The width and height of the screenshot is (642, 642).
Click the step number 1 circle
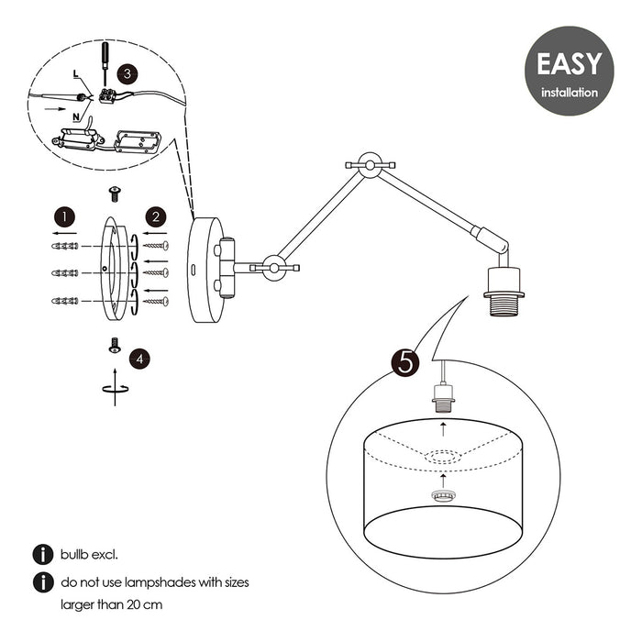[63, 216]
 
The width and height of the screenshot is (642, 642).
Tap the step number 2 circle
[157, 216]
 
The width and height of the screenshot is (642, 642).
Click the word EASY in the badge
[569, 64]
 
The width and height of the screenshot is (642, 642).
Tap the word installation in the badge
[569, 93]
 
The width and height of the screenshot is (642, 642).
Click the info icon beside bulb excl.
[41, 555]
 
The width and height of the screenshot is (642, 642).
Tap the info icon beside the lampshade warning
[41, 582]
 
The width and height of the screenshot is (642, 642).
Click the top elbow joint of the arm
[369, 166]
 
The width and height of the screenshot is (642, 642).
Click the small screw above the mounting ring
[115, 193]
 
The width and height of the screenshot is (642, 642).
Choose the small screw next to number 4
[115, 344]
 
